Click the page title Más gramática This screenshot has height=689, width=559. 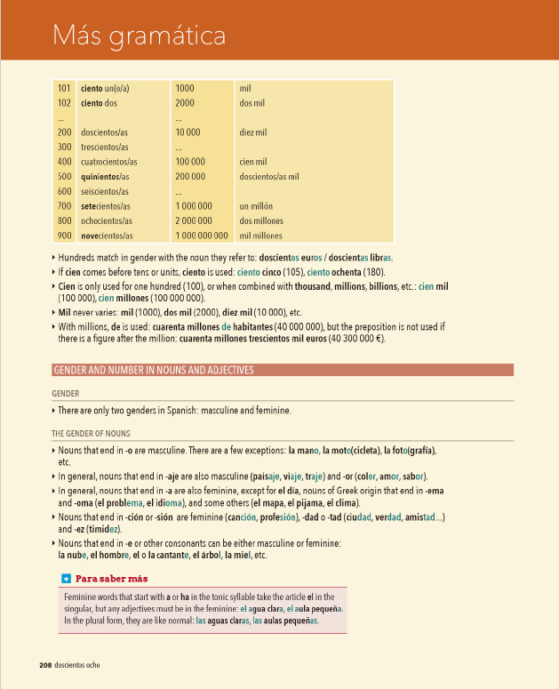point(139,36)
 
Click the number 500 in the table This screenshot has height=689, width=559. point(64,177)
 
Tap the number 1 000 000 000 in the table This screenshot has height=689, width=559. point(202,236)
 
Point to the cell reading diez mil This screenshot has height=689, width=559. point(253,132)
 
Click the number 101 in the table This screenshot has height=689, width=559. point(64,89)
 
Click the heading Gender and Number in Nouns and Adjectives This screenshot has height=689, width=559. point(154,370)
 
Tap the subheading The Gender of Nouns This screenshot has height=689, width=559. point(91,434)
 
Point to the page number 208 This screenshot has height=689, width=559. point(45,665)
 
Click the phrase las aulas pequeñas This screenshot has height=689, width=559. point(285,621)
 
